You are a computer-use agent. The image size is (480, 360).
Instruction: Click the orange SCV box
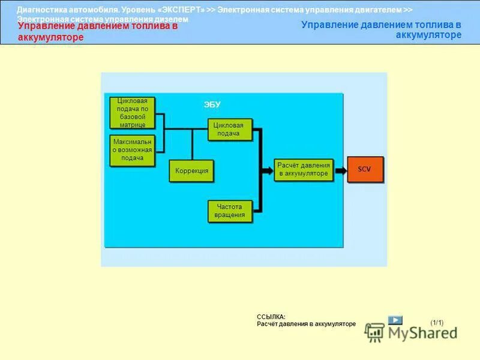[365, 169]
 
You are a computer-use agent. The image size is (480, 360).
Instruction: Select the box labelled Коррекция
[191, 171]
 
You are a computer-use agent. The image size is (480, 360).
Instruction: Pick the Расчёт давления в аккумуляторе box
[304, 169]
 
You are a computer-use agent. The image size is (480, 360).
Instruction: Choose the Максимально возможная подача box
[132, 150]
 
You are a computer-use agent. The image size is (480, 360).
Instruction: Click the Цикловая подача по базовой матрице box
[132, 112]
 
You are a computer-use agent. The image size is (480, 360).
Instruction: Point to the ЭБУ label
[212, 104]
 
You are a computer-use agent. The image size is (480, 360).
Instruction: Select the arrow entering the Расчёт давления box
[268, 170]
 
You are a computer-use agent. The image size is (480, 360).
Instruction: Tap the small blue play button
[395, 320]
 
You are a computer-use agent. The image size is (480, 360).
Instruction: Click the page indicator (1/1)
[437, 323]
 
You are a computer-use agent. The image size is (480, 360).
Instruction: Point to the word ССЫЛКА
[271, 317]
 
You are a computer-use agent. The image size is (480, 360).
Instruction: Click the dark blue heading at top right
[381, 30]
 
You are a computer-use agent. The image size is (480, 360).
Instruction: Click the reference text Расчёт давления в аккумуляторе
[306, 324]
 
